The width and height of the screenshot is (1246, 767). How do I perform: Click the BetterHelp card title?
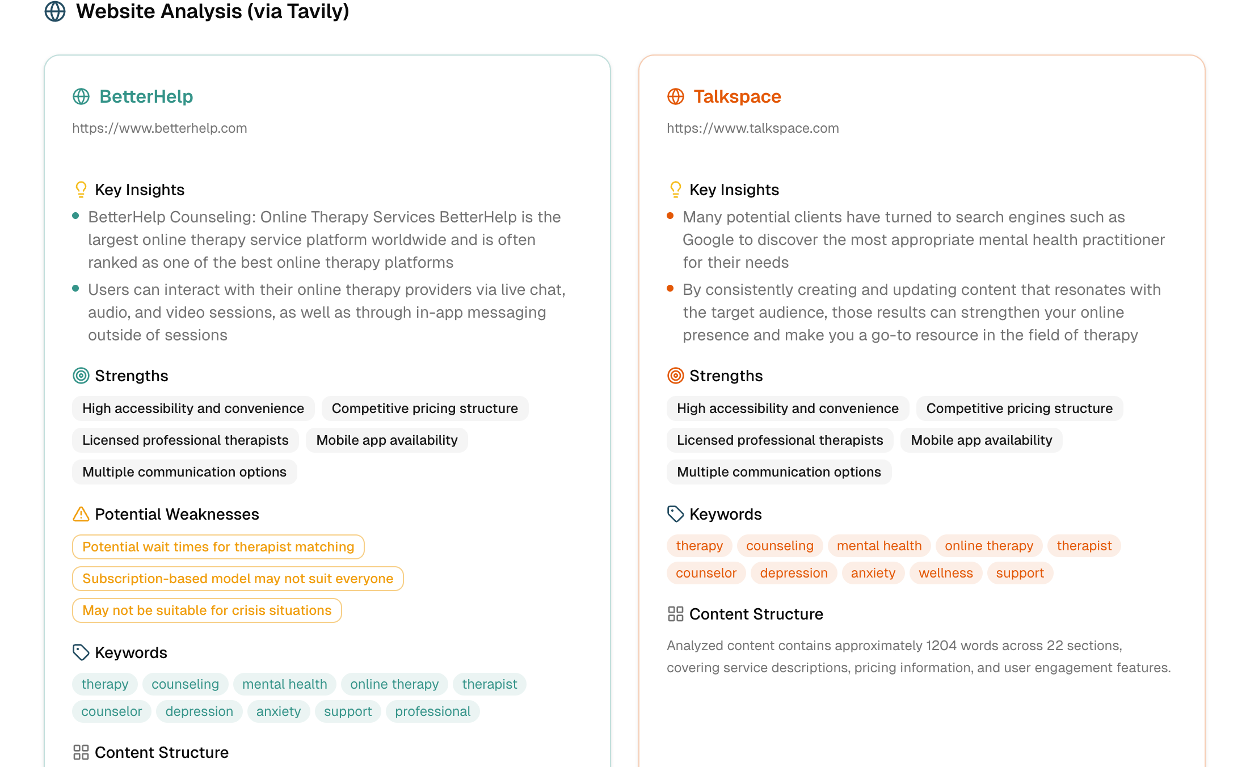click(x=146, y=96)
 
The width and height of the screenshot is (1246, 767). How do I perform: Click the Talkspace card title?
click(x=737, y=96)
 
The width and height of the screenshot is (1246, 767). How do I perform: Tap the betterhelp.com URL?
click(x=159, y=128)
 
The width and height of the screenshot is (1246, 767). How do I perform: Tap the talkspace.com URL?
click(x=752, y=128)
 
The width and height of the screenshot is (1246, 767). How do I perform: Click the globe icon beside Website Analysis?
click(x=55, y=11)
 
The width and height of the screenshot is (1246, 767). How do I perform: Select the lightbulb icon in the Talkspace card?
click(x=675, y=189)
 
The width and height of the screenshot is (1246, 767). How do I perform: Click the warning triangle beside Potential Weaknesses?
click(x=81, y=514)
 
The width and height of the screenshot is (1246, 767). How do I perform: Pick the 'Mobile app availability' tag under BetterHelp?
click(x=386, y=440)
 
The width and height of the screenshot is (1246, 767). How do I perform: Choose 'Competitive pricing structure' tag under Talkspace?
click(x=1019, y=408)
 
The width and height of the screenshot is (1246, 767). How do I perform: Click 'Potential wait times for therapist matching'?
click(x=218, y=547)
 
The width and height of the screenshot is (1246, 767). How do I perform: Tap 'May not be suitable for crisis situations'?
click(x=207, y=610)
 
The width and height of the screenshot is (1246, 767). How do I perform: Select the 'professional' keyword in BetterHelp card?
click(x=432, y=711)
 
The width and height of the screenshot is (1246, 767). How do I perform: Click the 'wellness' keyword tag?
click(x=945, y=573)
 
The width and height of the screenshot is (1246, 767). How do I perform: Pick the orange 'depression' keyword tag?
click(x=793, y=573)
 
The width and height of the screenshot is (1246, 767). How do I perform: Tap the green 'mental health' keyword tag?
click(x=284, y=684)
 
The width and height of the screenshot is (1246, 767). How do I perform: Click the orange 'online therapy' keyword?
click(x=988, y=546)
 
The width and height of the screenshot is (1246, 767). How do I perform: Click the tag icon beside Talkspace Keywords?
click(x=675, y=514)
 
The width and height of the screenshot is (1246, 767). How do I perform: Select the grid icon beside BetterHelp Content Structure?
click(x=81, y=752)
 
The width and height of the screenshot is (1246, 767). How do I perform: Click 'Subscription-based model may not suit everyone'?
click(x=238, y=579)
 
